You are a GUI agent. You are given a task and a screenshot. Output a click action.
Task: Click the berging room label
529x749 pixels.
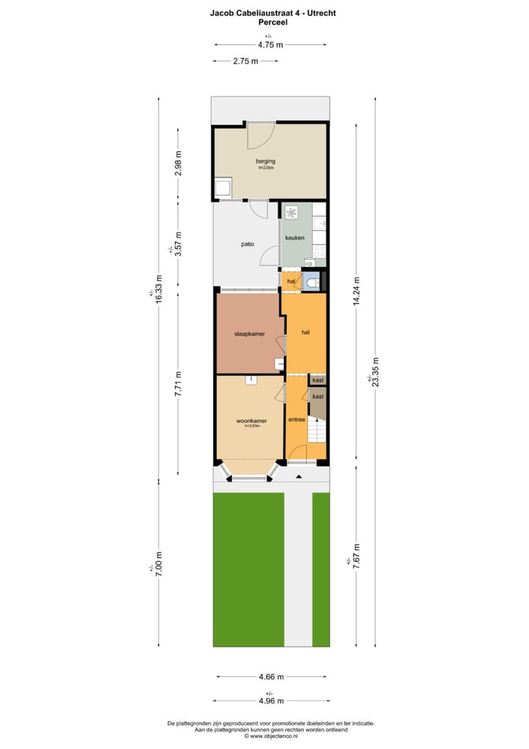[x=264, y=160]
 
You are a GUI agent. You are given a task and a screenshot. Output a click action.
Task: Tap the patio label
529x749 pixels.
[x=247, y=244]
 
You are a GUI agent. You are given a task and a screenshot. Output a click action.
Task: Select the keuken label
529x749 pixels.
[x=295, y=237]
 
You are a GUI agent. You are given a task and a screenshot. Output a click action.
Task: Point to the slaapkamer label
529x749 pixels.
[x=249, y=333]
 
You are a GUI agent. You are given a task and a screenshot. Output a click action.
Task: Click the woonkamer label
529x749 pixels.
[x=251, y=421]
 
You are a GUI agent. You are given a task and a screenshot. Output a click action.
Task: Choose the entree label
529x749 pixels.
[x=296, y=419]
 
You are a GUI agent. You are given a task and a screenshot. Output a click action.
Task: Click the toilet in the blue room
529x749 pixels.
[x=313, y=282]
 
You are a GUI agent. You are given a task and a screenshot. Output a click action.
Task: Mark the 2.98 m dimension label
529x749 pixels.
[x=178, y=163]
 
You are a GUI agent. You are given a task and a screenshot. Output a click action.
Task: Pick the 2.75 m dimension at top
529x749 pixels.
[x=245, y=61]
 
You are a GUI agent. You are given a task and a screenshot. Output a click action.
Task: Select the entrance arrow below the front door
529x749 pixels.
[x=298, y=477]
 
